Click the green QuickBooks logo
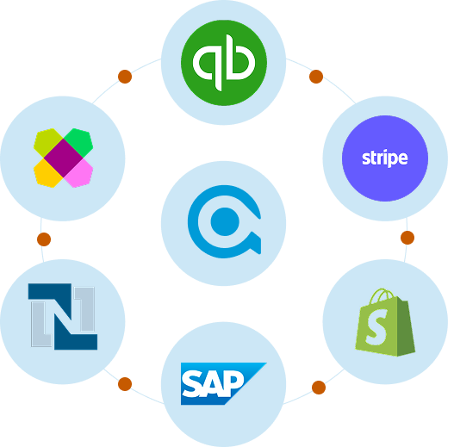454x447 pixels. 224,63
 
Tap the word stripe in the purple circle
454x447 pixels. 385,158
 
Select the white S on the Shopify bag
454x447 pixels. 376,326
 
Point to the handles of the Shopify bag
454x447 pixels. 382,295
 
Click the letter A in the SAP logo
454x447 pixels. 213,384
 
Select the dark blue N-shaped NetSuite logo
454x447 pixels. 63,316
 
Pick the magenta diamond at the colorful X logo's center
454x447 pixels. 64,158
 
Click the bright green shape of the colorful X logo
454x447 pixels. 78,142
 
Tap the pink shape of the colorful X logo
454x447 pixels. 78,173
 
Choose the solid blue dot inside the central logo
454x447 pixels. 225,221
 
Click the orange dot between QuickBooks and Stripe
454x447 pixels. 316,77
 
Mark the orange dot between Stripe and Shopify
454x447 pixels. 407,238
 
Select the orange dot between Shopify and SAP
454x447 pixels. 319,388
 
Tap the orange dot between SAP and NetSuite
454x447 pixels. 125,384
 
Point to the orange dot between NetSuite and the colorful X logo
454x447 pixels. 44,239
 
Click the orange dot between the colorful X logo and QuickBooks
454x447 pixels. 125,77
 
